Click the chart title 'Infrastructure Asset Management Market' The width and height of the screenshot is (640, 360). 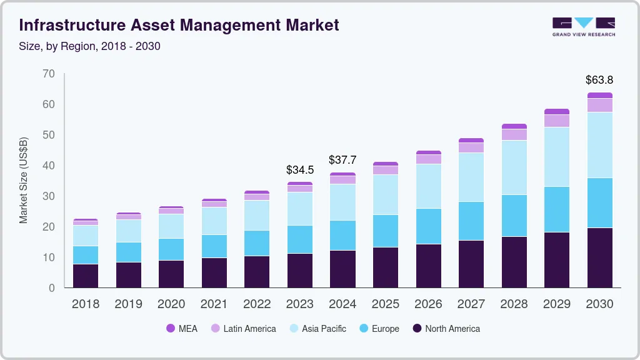pos(179,25)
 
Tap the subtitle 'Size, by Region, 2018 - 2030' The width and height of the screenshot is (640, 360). pos(90,46)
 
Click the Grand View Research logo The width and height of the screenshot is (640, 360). pos(583,26)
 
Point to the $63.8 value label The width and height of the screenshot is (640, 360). pos(599,80)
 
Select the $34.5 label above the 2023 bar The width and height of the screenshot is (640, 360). pos(299,170)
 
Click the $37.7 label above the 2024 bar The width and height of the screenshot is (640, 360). pos(342,161)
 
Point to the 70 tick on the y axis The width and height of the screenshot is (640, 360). pos(49,74)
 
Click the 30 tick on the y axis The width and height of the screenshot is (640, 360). pos(49,196)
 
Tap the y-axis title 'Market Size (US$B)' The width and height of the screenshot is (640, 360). pos(24,179)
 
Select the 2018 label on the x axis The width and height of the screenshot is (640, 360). pos(85,304)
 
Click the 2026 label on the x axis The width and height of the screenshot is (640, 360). pos(428,304)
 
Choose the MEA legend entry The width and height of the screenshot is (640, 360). pos(182,328)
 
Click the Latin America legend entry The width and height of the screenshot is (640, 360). pos(243,328)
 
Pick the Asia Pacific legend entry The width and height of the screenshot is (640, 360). pos(317,328)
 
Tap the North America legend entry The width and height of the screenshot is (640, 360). pos(446,328)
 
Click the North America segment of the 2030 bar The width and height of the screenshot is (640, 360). pos(599,257)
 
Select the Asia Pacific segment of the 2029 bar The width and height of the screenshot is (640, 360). pos(557,157)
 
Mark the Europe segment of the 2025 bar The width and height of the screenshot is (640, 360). pos(386,231)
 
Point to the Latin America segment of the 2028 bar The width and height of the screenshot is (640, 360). pos(514,134)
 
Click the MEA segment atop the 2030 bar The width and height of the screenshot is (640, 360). pos(599,96)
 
